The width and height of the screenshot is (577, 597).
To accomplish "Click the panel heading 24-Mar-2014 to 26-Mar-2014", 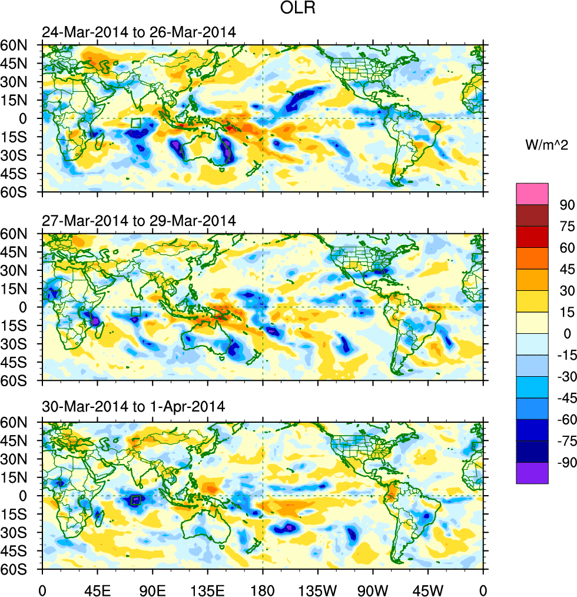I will (x=138, y=33).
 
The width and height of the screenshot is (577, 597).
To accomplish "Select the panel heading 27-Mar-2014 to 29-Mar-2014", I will (x=138, y=221).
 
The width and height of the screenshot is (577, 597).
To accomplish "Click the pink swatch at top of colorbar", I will (x=532, y=193).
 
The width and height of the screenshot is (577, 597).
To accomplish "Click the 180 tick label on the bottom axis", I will (x=263, y=589).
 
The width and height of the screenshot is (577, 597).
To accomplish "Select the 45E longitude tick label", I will (x=97, y=589).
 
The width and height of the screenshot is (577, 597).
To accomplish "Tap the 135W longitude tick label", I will (x=317, y=589).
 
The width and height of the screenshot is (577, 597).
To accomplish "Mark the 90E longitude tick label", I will (x=152, y=589).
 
